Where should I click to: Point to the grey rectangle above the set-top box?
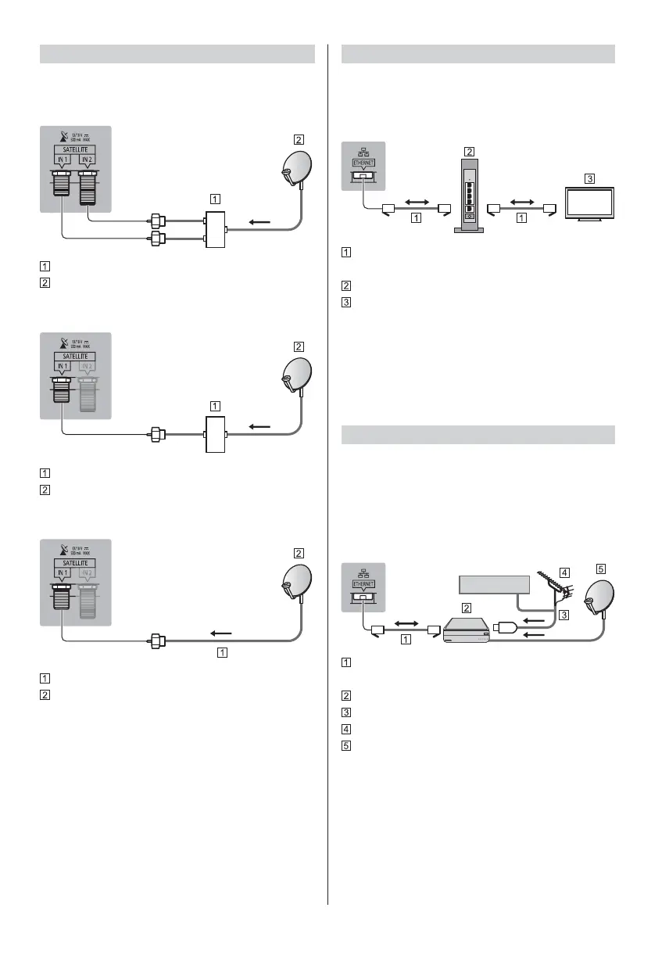point(493,586)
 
